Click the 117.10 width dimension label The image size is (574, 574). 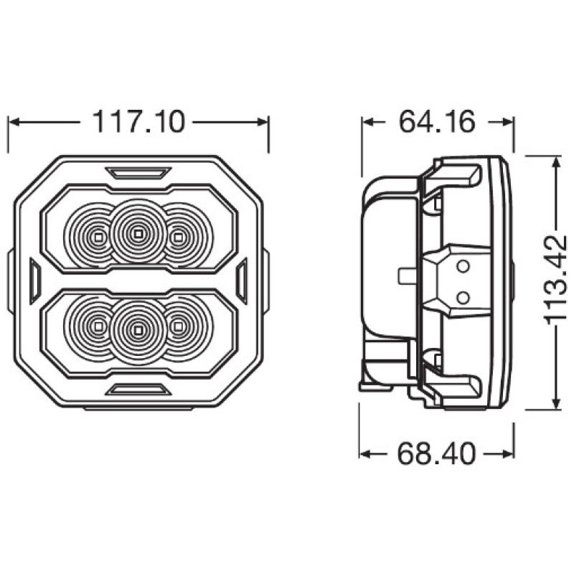[138, 121]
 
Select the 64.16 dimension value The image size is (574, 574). [437, 121]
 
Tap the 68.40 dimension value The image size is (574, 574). [437, 454]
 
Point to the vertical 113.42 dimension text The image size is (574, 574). [555, 280]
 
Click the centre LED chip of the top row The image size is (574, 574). [138, 233]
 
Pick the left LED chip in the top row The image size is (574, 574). [98, 237]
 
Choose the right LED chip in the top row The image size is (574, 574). [177, 237]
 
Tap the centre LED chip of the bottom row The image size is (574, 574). [138, 331]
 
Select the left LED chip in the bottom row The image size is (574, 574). [98, 326]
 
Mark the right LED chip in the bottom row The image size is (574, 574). [177, 326]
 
